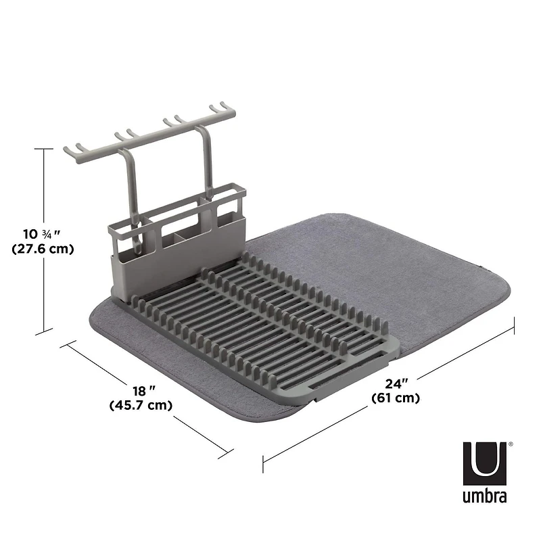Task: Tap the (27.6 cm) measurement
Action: [x=43, y=249]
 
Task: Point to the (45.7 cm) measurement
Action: [x=140, y=406]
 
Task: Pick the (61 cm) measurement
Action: [x=396, y=398]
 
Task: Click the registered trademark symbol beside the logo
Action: [x=510, y=445]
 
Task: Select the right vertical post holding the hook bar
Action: [x=205, y=169]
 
